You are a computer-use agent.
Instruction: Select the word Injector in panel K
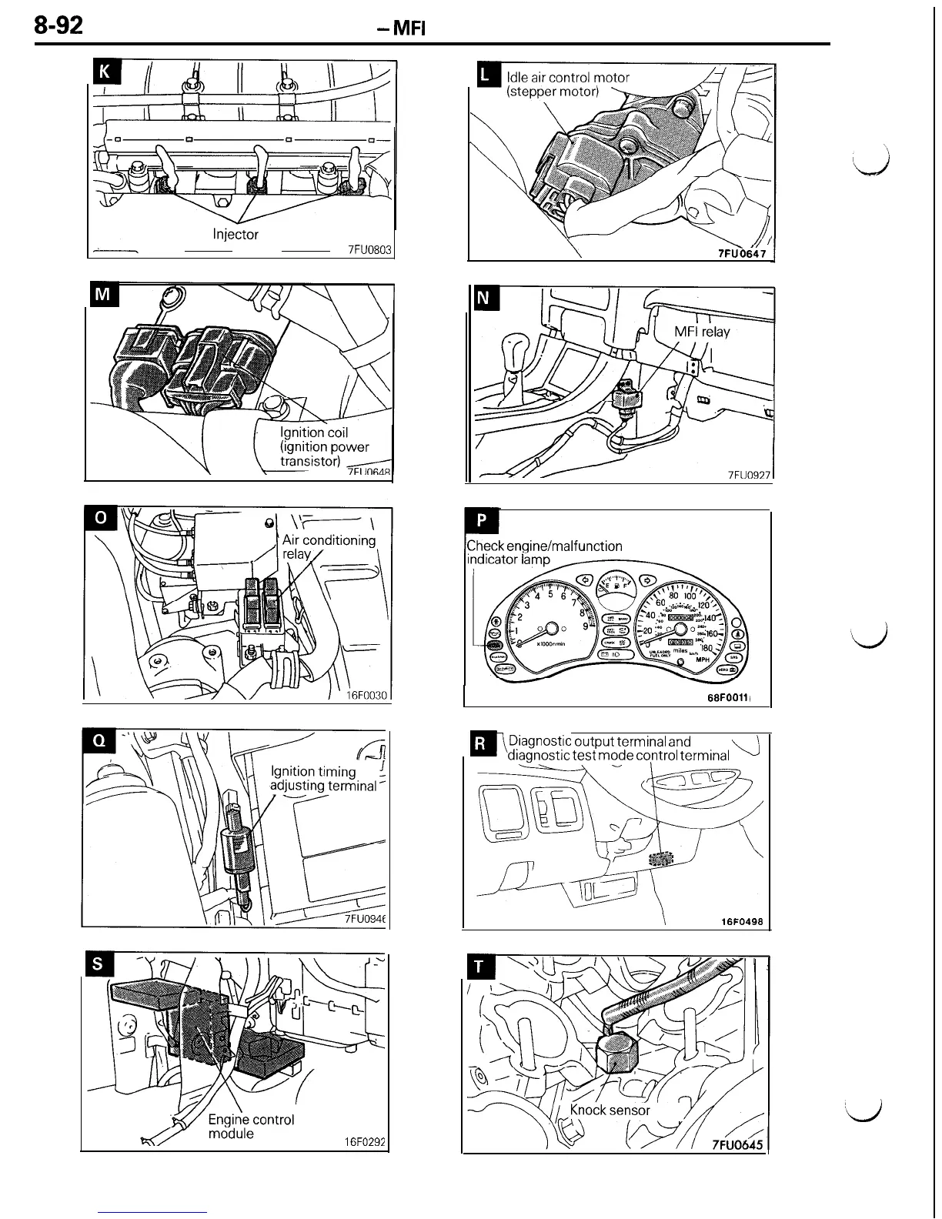(235, 234)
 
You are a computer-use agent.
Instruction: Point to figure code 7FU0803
(370, 249)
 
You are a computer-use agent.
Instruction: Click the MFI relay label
(702, 332)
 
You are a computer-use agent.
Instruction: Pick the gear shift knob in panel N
(513, 346)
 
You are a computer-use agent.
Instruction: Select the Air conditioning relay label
(328, 546)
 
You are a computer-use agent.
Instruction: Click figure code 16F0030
(366, 695)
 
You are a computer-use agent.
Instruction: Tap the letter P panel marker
(482, 520)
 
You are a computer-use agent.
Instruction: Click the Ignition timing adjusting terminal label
(323, 778)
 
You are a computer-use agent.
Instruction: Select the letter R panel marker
(480, 743)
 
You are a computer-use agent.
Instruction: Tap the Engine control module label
(251, 1126)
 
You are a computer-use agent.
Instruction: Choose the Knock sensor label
(610, 1110)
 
